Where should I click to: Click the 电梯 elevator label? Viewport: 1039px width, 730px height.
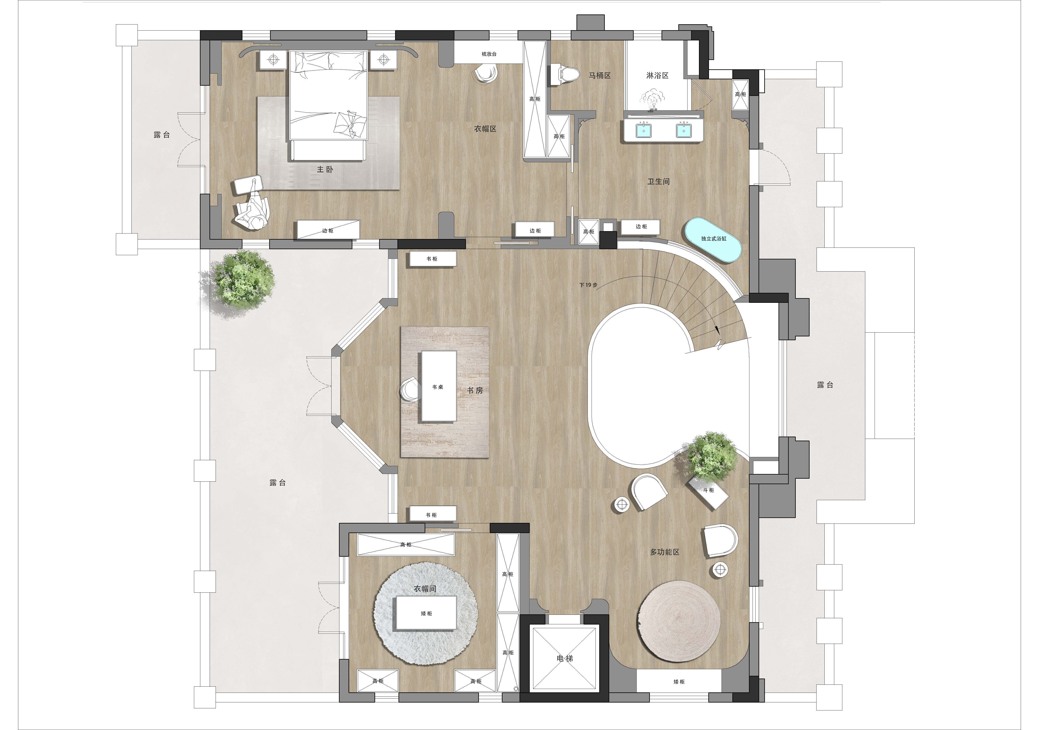click(x=565, y=659)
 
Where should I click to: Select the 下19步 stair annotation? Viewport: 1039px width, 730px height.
click(x=588, y=285)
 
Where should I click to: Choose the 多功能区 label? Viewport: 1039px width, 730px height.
click(x=665, y=552)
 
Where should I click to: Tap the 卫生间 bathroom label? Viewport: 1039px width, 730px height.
click(x=658, y=181)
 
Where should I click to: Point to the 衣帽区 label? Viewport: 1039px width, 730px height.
click(x=485, y=129)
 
